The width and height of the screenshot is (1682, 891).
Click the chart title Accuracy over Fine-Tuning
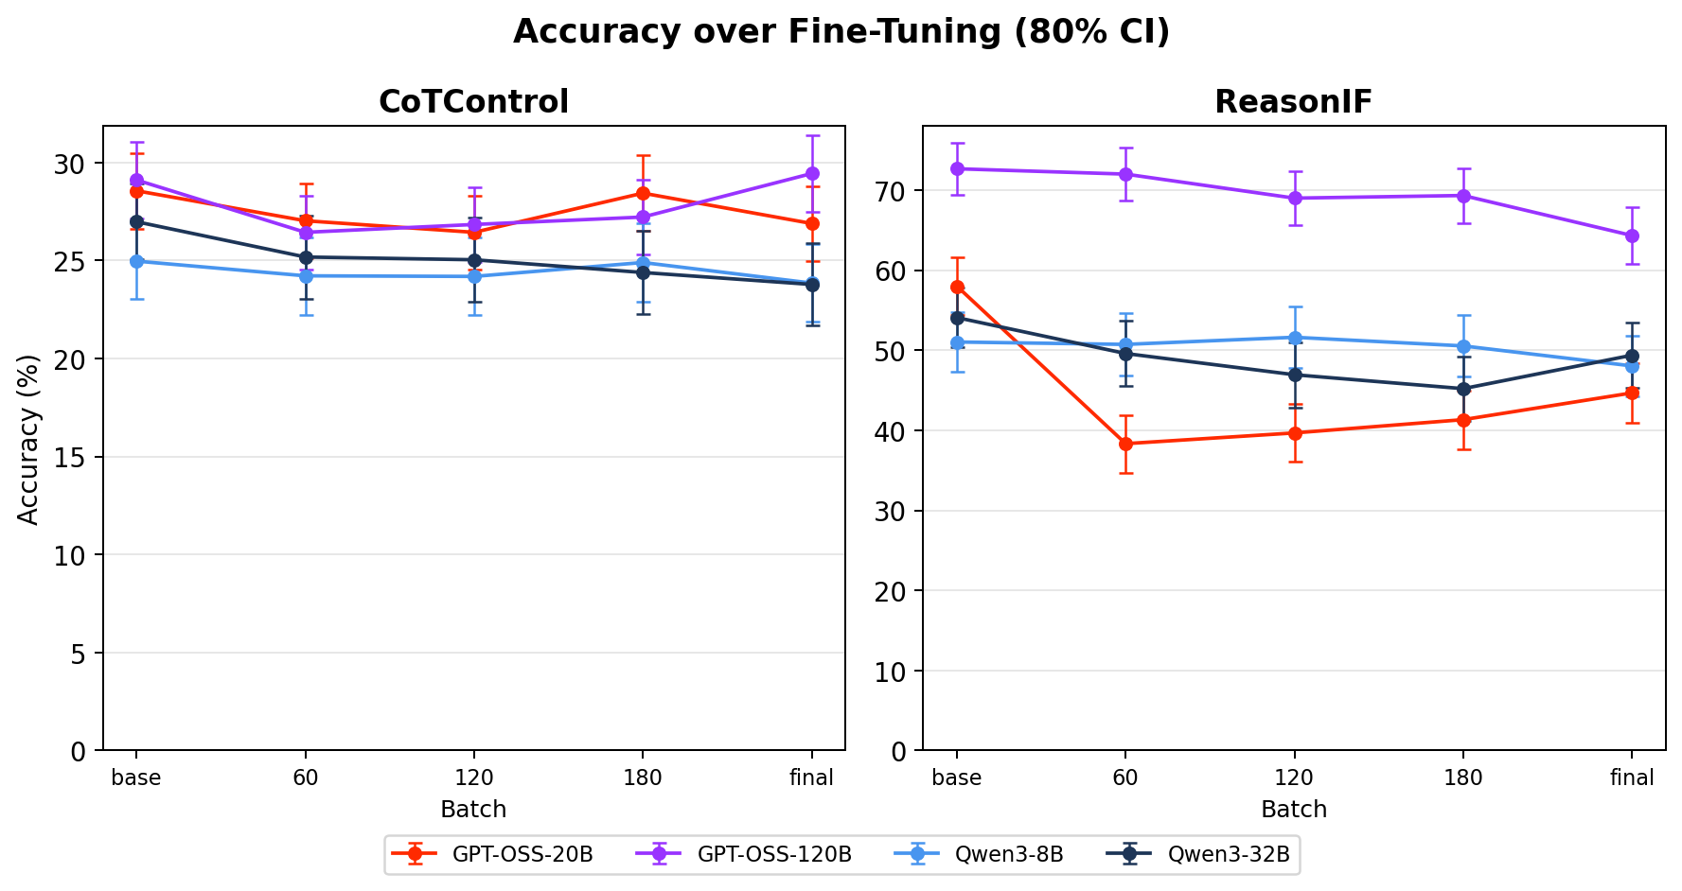(841, 32)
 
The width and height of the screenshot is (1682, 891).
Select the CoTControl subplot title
(473, 102)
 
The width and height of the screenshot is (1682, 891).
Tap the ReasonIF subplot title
(1293, 102)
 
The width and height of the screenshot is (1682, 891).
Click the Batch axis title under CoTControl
(473, 810)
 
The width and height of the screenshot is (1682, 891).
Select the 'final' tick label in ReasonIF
(1632, 778)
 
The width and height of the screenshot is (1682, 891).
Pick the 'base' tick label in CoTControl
(136, 778)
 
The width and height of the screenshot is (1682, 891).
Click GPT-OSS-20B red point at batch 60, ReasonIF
(1125, 444)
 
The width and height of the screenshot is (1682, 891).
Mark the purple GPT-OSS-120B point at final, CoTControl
(812, 173)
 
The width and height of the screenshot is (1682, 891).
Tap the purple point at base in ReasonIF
(957, 168)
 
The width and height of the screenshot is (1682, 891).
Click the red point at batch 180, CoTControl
(643, 193)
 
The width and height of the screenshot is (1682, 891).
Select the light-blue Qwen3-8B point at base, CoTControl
(136, 261)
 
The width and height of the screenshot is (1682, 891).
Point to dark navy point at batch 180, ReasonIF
(1463, 389)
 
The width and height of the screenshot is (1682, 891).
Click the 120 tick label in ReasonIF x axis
(1294, 778)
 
